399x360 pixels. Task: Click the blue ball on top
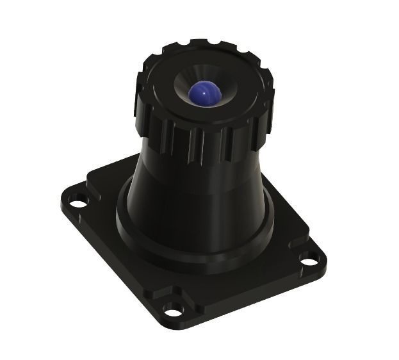204,95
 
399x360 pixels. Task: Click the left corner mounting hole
78,204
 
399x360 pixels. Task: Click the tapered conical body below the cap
192,192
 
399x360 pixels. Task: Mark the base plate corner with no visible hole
102,168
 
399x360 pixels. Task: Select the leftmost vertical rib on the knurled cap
140,102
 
